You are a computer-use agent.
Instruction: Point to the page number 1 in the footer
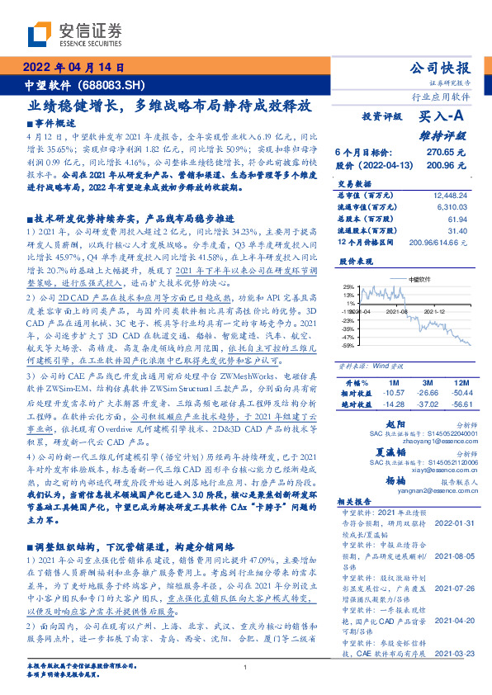(x=246, y=667)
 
